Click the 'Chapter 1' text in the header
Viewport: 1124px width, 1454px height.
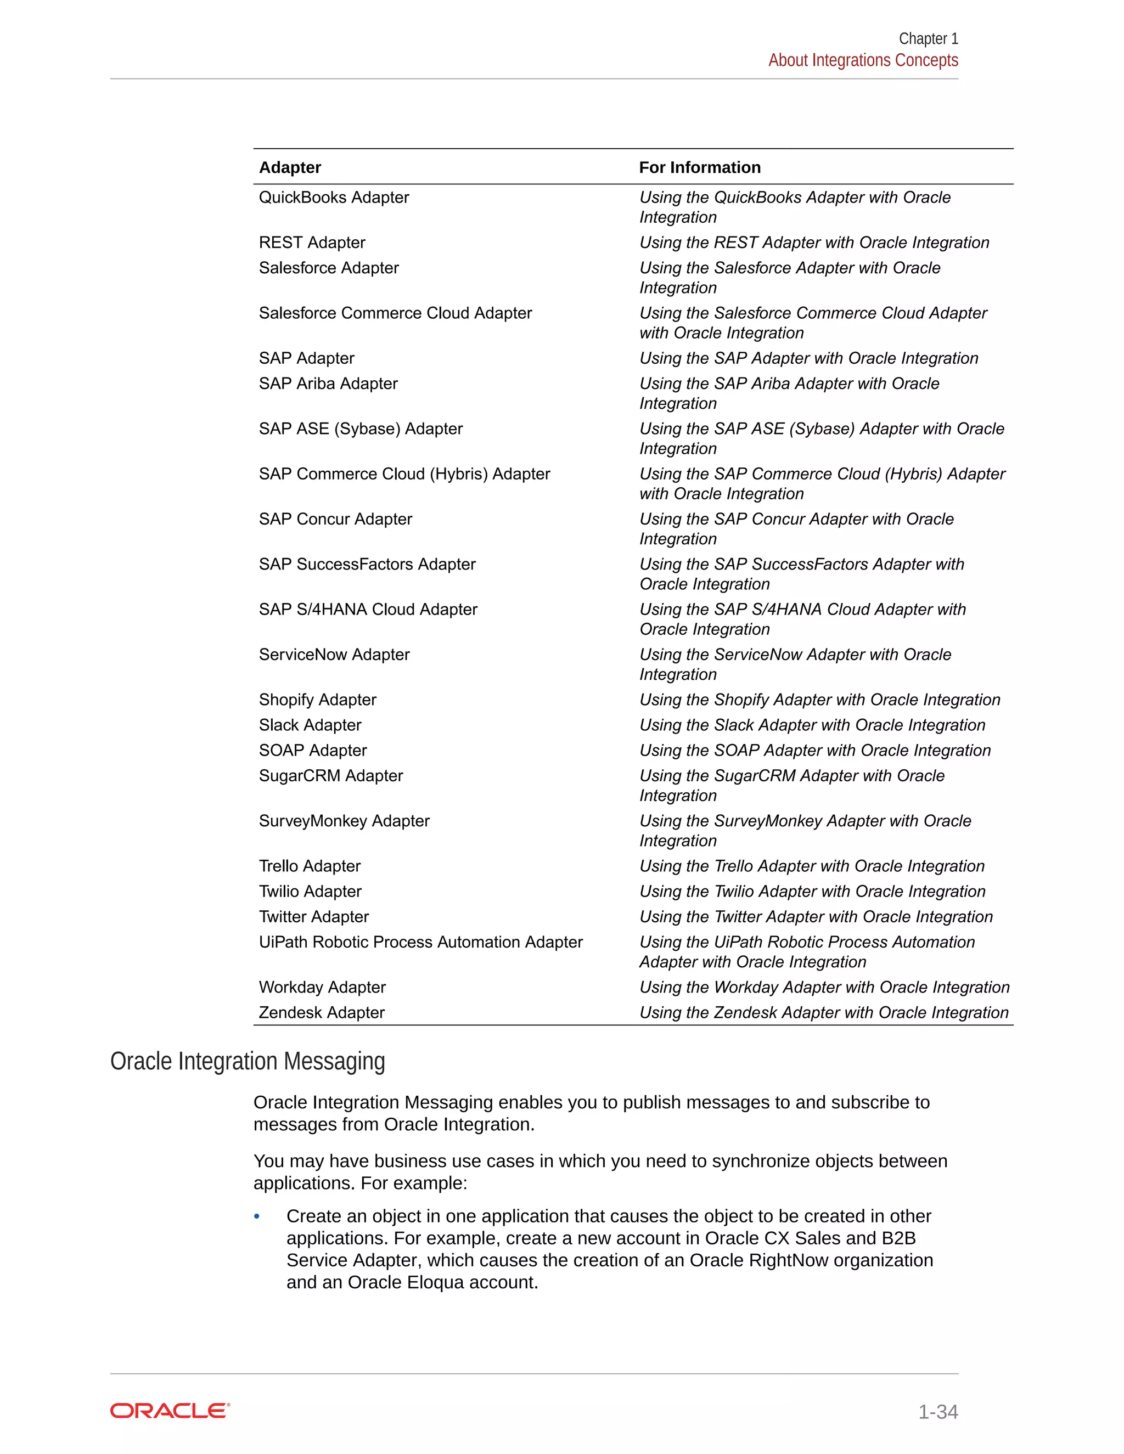tap(928, 38)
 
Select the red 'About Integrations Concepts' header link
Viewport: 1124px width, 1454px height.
tap(862, 60)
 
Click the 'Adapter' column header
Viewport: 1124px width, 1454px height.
tap(290, 168)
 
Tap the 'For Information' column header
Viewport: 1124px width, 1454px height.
tap(699, 168)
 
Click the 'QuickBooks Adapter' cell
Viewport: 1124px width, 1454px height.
tap(334, 198)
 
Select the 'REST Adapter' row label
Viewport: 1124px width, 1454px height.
tap(312, 243)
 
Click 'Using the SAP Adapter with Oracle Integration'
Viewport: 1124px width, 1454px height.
tap(808, 359)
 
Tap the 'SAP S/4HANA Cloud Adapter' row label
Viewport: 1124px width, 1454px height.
tap(368, 610)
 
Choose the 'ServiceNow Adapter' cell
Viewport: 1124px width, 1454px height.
tap(334, 655)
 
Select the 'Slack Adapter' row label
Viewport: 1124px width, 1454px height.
tap(310, 726)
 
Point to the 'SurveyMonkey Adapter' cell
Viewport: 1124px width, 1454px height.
tap(344, 821)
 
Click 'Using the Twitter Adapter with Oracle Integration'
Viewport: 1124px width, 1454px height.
tap(816, 917)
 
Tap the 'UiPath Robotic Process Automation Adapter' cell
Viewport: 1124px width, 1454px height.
tap(420, 943)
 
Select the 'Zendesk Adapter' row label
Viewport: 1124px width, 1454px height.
tap(322, 1013)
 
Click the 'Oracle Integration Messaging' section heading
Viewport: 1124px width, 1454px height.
tap(247, 1062)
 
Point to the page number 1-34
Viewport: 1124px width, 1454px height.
tap(937, 1412)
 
